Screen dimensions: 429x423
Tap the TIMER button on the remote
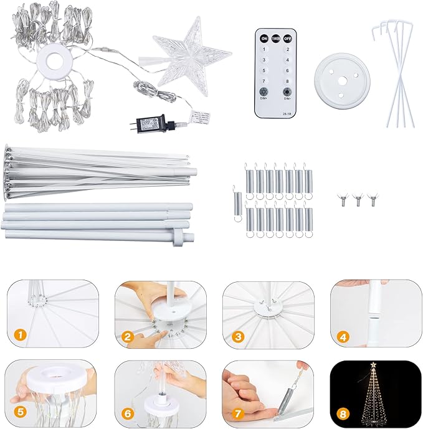tap(275, 39)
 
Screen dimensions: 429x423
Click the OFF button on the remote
tap(287, 39)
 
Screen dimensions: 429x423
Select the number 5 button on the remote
tap(264, 70)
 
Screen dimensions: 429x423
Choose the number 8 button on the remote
tap(287, 81)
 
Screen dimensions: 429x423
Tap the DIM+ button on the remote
tap(264, 92)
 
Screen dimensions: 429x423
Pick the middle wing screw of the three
tap(358, 200)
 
